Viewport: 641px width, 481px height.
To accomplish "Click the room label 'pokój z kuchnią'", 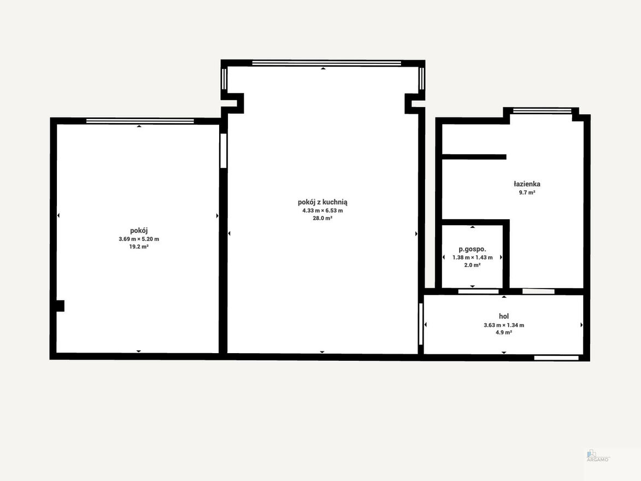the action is pyautogui.click(x=322, y=202).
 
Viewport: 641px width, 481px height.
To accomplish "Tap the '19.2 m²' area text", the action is pyautogui.click(x=139, y=247).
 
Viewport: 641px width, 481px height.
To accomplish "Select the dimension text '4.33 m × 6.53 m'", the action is pyautogui.click(x=322, y=210).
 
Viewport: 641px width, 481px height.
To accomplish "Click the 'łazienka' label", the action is pyautogui.click(x=527, y=184).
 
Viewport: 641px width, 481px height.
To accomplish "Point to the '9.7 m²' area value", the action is pyautogui.click(x=527, y=192).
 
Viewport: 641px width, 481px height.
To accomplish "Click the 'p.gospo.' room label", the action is pyautogui.click(x=472, y=249).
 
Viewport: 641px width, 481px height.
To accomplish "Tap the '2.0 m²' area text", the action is pyautogui.click(x=472, y=265).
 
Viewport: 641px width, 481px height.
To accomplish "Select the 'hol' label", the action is pyautogui.click(x=504, y=316).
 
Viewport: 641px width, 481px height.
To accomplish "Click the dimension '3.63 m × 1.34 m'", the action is pyautogui.click(x=504, y=325).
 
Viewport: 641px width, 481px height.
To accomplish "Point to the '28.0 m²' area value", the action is pyautogui.click(x=322, y=219).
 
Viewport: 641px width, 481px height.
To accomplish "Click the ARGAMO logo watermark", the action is pyautogui.click(x=597, y=456).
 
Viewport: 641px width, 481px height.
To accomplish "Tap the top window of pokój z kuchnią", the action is pyautogui.click(x=327, y=63).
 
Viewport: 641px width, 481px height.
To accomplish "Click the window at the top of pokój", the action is pyautogui.click(x=140, y=121).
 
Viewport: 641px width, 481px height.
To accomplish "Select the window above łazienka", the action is pyautogui.click(x=542, y=110).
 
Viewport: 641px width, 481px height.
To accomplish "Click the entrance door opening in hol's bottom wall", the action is pyautogui.click(x=556, y=358).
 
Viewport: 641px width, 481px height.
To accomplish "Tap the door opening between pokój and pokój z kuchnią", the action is pyautogui.click(x=223, y=150).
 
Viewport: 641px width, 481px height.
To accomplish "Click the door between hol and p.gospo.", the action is pyautogui.click(x=478, y=291).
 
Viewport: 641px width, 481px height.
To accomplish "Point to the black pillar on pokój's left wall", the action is pyautogui.click(x=60, y=306).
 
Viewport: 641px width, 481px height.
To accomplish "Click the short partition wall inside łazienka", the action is pyautogui.click(x=474, y=157).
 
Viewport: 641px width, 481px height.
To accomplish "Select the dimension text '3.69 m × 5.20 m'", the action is pyautogui.click(x=139, y=239).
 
